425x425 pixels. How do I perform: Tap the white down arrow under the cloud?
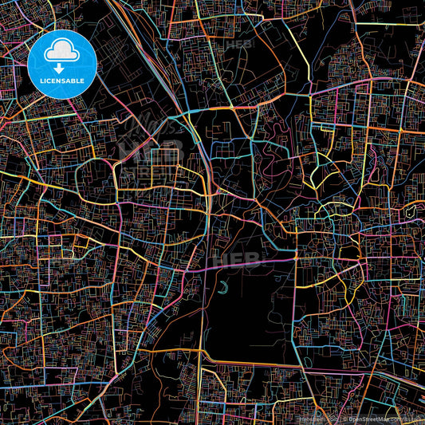[60, 69]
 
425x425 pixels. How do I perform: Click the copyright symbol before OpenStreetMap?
[340, 418]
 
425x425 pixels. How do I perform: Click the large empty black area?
[247, 319]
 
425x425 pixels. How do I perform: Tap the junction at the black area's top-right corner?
[296, 260]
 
